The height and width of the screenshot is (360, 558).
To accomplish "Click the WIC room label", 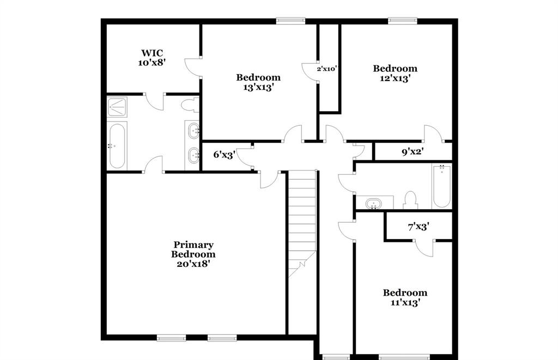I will (x=152, y=53).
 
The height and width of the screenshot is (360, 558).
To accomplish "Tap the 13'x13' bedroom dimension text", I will (x=258, y=87).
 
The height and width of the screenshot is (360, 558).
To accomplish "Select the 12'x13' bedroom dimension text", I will (x=395, y=78).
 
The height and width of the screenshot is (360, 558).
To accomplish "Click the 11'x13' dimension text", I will (x=404, y=302).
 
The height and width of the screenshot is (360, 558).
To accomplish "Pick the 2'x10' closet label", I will (x=327, y=69).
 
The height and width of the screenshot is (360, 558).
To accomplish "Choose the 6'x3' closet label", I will (x=223, y=155).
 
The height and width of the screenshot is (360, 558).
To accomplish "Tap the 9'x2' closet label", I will (x=413, y=152).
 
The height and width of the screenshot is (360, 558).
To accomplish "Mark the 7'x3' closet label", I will (x=418, y=227).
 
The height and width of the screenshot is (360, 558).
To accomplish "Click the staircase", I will (x=302, y=218).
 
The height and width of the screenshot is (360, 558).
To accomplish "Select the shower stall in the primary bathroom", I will (x=117, y=107).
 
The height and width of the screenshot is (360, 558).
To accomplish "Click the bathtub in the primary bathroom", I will (x=118, y=145).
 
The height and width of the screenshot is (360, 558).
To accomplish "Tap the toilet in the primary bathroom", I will (x=190, y=105).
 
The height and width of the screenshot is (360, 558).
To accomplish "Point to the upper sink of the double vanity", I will (x=193, y=131).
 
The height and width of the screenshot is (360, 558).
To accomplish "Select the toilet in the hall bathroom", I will (x=410, y=200).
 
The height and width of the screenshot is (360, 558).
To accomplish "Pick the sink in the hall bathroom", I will (x=374, y=204).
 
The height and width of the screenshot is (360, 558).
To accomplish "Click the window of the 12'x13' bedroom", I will (x=402, y=21).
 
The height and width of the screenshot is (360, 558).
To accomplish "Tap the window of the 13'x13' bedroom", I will (x=290, y=21).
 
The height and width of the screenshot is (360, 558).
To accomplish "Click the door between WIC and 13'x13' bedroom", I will (x=193, y=66).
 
